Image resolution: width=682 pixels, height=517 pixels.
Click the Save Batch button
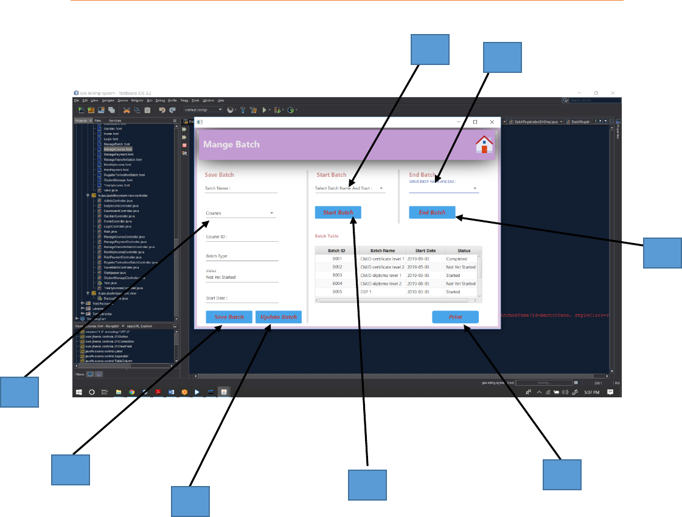(x=229, y=317)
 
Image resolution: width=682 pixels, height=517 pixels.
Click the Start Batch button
(x=338, y=213)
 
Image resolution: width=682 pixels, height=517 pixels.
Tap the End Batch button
(x=432, y=213)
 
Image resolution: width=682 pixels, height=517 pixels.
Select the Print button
(x=455, y=317)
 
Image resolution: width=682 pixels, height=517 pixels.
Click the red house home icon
(x=484, y=145)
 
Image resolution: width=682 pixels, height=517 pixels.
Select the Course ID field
(x=242, y=238)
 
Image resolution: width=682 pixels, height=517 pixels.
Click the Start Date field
(x=242, y=299)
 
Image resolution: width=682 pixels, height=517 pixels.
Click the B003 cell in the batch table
(x=337, y=275)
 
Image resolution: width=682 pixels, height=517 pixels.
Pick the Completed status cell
(x=457, y=259)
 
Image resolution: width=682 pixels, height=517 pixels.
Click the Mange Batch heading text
(x=231, y=145)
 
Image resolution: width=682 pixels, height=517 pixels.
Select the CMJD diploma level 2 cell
(x=382, y=284)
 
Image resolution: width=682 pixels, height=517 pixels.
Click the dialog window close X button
(x=492, y=122)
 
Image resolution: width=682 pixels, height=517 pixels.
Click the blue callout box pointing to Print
(x=562, y=474)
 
